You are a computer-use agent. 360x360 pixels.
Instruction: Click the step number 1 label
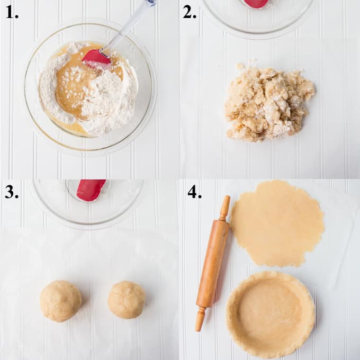12,12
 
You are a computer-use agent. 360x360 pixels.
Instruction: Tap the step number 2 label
190,12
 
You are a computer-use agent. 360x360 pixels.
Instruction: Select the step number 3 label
12,192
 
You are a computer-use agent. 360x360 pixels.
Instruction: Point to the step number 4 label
194,192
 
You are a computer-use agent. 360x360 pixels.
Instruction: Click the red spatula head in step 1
97,59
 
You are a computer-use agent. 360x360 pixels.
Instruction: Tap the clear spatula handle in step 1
129,25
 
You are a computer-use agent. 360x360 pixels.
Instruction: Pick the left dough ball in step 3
60,301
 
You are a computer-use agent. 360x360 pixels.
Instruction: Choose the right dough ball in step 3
127,300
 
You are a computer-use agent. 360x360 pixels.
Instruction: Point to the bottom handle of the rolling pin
200,319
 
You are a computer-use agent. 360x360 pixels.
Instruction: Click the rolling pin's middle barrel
213,264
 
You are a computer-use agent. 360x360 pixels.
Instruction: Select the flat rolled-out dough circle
277,223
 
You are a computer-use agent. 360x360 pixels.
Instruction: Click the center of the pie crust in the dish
270,314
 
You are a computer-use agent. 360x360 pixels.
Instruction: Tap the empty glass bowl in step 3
88,202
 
